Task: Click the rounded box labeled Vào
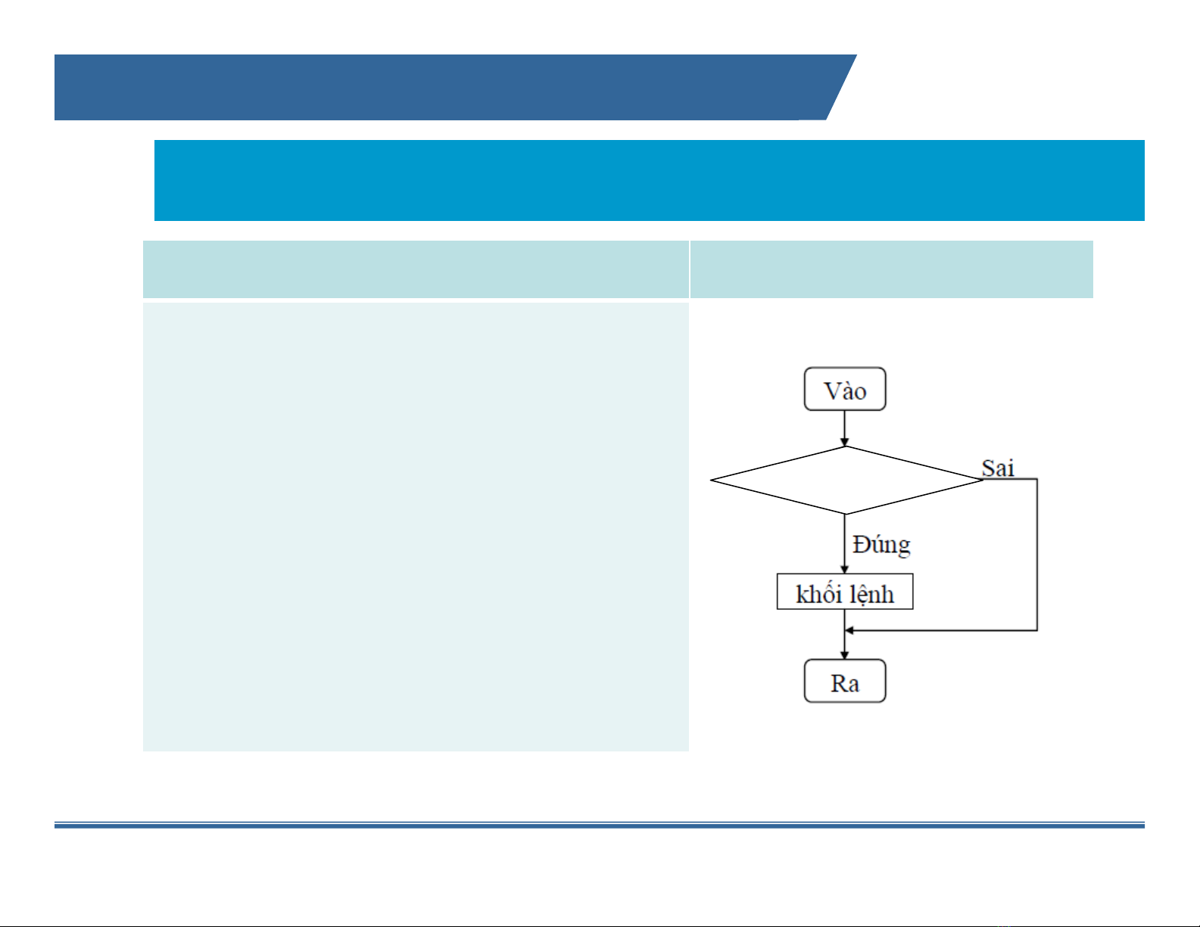tap(845, 389)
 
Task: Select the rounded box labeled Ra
tap(845, 681)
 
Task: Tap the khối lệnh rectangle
tap(845, 592)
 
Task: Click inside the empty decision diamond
tap(846, 480)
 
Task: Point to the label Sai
tap(998, 468)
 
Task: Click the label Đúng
tap(881, 545)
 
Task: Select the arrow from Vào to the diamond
tap(844, 428)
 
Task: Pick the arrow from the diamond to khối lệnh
tap(844, 544)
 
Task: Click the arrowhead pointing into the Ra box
tap(844, 655)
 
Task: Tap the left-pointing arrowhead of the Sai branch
tap(849, 630)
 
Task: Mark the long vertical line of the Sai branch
tap(1037, 555)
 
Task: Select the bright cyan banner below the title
tap(650, 180)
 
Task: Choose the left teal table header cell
tap(416, 269)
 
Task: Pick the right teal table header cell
tap(892, 269)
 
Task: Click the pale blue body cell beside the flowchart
tap(416, 527)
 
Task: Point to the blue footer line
tap(599, 826)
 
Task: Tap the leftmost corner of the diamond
tap(710, 480)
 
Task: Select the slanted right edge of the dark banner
tap(842, 87)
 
